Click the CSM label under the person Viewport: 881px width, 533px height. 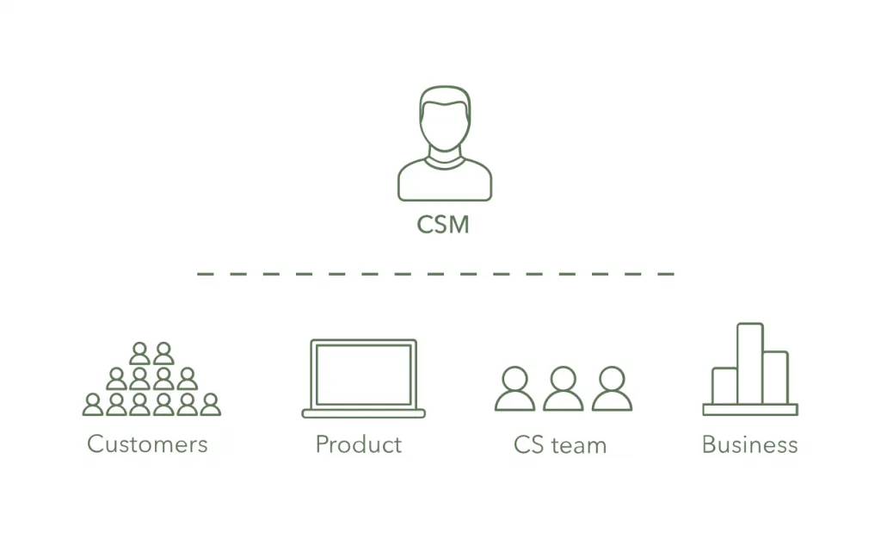443,225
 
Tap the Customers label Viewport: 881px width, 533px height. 147,444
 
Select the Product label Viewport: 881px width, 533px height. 358,444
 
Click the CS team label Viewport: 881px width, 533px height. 559,444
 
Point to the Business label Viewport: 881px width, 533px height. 749,444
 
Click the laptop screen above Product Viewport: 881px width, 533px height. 363,374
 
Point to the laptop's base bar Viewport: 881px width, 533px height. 363,413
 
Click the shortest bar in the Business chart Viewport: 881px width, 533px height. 724,386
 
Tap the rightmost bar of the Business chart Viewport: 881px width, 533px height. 775,377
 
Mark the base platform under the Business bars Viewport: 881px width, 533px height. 749,409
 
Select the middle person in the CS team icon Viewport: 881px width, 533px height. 564,389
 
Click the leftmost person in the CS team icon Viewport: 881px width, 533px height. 514,389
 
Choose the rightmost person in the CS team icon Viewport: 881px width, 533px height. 612,389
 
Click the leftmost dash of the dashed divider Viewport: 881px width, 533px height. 205,274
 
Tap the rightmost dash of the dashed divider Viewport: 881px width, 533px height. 666,274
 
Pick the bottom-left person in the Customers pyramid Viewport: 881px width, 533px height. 93,405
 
